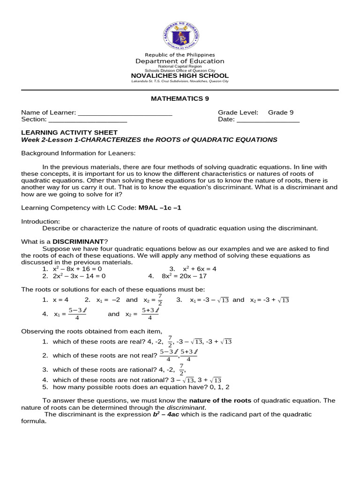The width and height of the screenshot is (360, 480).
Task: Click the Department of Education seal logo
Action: coord(180,35)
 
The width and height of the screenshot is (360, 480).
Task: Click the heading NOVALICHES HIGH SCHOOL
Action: coord(180,75)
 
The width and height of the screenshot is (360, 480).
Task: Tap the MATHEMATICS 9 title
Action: coord(180,98)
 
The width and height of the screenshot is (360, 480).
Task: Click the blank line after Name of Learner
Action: coord(125,113)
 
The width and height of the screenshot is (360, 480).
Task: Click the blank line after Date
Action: coord(268,120)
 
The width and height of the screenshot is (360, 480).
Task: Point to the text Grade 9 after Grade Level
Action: coord(281,112)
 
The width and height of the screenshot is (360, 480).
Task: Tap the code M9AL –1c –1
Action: coord(159,208)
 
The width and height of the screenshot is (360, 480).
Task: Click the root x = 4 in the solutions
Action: coord(60,300)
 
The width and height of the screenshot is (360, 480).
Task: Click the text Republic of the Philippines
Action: coord(180,55)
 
